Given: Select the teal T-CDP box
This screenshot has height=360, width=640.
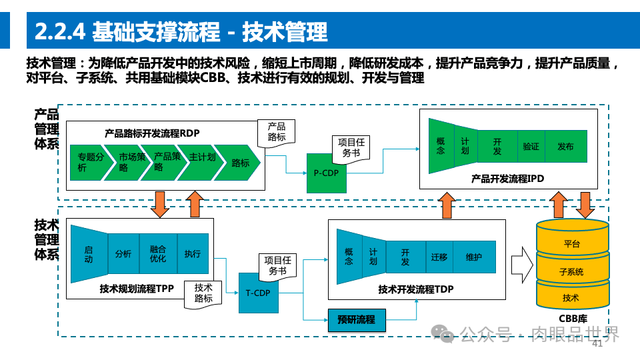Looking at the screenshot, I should click(x=258, y=293).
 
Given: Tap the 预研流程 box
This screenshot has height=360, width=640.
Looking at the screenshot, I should click(x=357, y=320).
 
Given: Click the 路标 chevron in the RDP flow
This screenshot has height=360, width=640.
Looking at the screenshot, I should click(x=241, y=163).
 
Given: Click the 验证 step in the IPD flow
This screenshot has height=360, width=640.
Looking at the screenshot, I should click(x=531, y=147).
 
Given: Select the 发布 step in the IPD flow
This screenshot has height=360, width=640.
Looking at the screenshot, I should click(x=565, y=147).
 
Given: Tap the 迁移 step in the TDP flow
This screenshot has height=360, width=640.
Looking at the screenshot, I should click(x=439, y=257).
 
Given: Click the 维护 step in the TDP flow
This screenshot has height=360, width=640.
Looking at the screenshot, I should click(x=474, y=257).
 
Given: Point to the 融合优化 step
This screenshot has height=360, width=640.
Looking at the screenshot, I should click(x=158, y=254).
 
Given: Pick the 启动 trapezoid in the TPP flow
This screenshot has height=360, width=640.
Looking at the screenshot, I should click(x=89, y=254).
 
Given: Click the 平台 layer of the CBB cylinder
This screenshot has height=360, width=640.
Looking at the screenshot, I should click(x=571, y=244).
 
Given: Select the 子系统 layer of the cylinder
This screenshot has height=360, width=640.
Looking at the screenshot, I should click(x=571, y=271).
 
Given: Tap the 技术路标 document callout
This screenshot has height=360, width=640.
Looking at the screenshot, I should click(x=203, y=293).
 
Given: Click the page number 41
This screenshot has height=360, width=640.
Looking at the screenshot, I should click(x=597, y=344).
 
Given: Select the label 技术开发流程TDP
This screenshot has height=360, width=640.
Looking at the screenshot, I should click(x=415, y=289).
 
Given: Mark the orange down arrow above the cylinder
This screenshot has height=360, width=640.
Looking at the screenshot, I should click(x=585, y=205).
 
